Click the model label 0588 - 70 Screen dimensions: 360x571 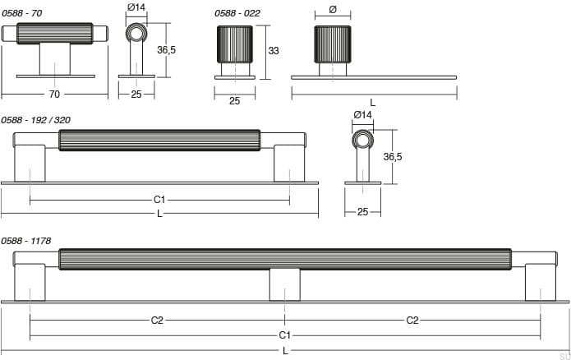[21, 12]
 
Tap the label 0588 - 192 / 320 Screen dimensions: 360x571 [35, 120]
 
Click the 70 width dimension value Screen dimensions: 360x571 [54, 95]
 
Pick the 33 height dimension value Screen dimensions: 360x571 [274, 51]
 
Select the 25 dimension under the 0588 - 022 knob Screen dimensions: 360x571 [234, 101]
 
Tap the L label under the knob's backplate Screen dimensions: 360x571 [372, 102]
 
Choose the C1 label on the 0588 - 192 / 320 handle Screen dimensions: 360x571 [160, 200]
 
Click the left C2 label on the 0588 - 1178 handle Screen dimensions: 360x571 [157, 321]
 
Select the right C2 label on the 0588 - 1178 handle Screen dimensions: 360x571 [412, 321]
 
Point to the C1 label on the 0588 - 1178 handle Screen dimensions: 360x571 [284, 335]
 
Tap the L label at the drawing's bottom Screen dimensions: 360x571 [285, 351]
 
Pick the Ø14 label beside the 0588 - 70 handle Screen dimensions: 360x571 [136, 7]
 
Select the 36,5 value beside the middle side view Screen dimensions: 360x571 [392, 156]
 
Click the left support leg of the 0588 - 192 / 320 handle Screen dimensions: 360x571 [30, 163]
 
